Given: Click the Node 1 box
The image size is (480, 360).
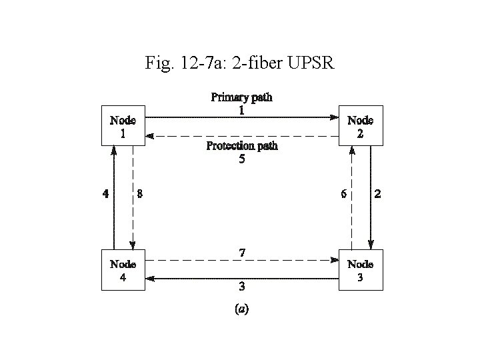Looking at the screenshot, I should (x=123, y=125).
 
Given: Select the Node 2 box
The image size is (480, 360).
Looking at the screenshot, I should (x=361, y=125).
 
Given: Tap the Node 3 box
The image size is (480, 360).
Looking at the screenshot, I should (x=361, y=270).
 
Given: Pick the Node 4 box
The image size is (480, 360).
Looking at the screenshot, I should (x=123, y=270).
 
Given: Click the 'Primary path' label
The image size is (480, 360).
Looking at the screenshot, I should (x=241, y=97).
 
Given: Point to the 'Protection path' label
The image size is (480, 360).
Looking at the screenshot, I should (x=241, y=146).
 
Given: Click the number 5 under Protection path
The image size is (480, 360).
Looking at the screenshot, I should (x=241, y=159).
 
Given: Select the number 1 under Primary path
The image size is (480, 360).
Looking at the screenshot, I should (x=241, y=111).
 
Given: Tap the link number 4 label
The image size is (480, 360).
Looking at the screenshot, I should (x=105, y=195).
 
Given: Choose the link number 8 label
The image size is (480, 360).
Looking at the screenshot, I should (x=139, y=195).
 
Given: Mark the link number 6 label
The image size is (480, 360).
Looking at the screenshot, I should (x=343, y=195).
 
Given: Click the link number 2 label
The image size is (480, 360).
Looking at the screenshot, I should (x=378, y=195).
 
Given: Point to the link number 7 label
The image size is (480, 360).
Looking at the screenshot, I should (x=241, y=253).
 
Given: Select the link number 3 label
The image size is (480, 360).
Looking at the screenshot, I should (x=241, y=287).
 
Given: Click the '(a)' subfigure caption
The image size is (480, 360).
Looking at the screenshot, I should (x=241, y=309).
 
